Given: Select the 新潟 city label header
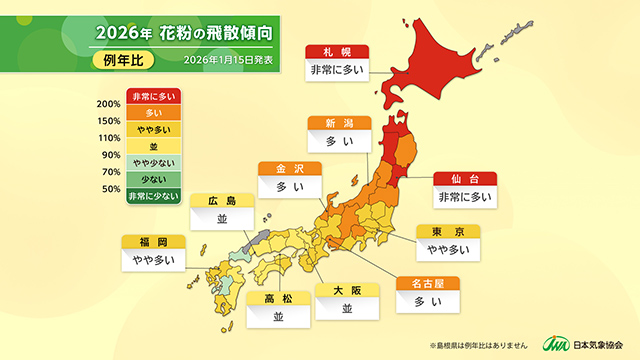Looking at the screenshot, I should [340, 123].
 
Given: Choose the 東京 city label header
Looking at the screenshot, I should [448, 231].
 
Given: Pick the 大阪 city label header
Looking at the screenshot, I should [346, 290].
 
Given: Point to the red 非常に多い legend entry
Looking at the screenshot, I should [152, 97].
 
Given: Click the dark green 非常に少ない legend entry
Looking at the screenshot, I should [152, 197].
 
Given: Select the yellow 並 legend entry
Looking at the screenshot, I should [152, 147].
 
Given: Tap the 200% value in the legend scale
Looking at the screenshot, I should [109, 105].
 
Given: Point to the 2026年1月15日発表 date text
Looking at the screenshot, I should [227, 59].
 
